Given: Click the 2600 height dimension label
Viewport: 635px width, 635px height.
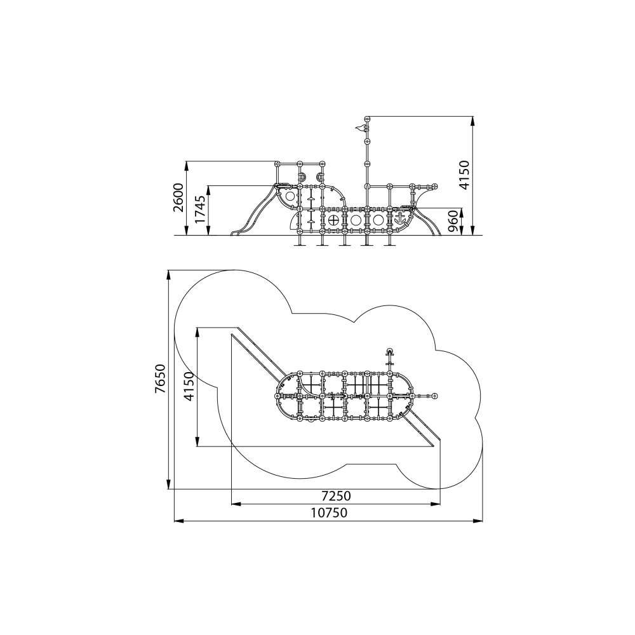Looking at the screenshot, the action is click(178, 197).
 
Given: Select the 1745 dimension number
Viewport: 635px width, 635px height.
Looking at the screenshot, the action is click(201, 210).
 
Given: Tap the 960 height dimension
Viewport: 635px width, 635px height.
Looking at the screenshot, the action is click(453, 221).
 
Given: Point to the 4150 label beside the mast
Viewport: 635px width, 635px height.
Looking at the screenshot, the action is click(464, 175).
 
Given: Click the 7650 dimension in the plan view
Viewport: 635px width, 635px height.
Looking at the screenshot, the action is click(161, 378).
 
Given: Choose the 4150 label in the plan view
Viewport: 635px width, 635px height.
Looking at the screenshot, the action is click(189, 387).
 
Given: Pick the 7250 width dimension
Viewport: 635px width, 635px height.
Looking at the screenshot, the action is click(336, 496).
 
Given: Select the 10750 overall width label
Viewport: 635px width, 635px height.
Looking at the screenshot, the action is click(329, 512).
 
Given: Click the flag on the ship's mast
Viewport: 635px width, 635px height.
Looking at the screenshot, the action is click(360, 128).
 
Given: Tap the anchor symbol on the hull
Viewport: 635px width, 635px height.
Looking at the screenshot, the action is click(400, 219).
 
